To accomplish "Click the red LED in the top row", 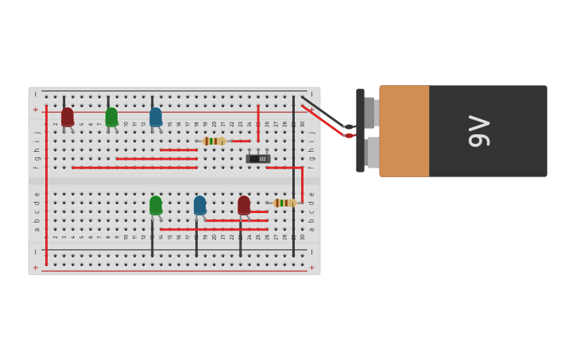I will pyautogui.click(x=68, y=117).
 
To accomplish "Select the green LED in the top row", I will pyautogui.click(x=111, y=117).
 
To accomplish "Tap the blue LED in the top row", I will pyautogui.click(x=156, y=117).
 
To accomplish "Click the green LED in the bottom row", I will pyautogui.click(x=156, y=205).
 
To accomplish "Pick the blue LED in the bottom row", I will pyautogui.click(x=199, y=205).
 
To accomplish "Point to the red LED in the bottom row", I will pyautogui.click(x=244, y=205).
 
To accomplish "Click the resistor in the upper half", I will pyautogui.click(x=214, y=141).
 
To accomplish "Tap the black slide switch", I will pyautogui.click(x=258, y=158).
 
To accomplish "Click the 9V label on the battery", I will pyautogui.click(x=479, y=131).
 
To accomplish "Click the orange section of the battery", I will pyautogui.click(x=404, y=131).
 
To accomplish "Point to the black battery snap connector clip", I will pyautogui.click(x=360, y=131).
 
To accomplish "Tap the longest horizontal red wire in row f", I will pyautogui.click(x=135, y=168).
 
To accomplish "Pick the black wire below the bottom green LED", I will pyautogui.click(x=153, y=238).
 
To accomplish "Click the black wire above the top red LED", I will pyautogui.click(x=64, y=101).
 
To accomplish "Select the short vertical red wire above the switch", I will pyautogui.click(x=258, y=123).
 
